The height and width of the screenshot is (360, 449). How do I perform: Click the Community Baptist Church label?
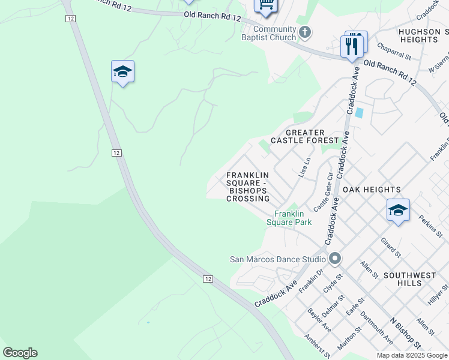[274, 34]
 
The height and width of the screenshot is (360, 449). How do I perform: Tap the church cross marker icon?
[305, 32]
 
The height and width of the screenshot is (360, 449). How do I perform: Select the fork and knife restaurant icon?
[352, 46]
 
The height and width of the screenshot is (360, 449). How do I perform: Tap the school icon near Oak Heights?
[398, 210]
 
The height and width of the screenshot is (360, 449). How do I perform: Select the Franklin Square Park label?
[293, 218]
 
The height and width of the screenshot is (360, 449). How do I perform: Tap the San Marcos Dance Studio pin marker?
[335, 259]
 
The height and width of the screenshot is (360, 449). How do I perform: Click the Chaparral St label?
[393, 52]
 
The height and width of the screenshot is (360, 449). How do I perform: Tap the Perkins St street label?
[430, 226]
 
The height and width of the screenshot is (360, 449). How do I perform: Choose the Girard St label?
[391, 248]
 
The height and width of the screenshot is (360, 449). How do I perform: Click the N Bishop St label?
[405, 333]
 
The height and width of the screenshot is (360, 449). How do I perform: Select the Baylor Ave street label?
[319, 320]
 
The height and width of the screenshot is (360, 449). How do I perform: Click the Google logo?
[20, 353]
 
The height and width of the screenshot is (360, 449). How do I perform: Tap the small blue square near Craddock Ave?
[359, 112]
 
